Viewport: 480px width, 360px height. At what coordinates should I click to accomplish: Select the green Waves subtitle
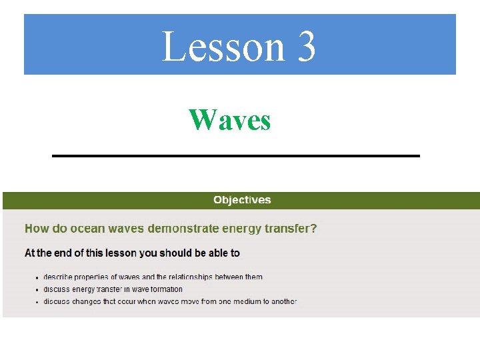[x=230, y=121]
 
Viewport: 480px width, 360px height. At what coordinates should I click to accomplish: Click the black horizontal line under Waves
[x=236, y=155]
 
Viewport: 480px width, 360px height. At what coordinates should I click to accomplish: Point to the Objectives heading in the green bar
[x=242, y=200]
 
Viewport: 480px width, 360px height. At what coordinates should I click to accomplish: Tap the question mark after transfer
[x=314, y=229]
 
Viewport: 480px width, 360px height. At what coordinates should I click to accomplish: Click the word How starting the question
[x=37, y=229]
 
